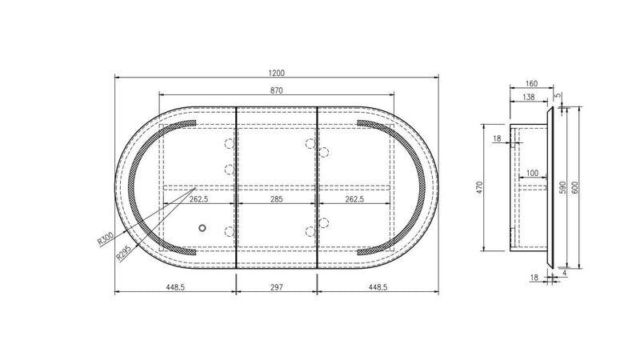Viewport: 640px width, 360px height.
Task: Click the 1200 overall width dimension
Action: coord(276,73)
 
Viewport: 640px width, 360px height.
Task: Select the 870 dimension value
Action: coord(276,90)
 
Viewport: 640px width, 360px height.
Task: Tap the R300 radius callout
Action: coord(106,238)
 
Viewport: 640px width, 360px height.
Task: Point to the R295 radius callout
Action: coord(124,253)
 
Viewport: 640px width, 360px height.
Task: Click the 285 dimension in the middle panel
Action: coord(276,199)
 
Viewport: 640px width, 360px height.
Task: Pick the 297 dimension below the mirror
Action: coord(276,287)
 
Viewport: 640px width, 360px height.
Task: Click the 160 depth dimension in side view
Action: coord(531,84)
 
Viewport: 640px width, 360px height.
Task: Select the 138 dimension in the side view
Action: coord(528,98)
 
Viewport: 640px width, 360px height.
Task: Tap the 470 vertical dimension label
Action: coord(480,187)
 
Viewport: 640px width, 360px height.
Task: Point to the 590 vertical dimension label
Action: coord(563,187)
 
